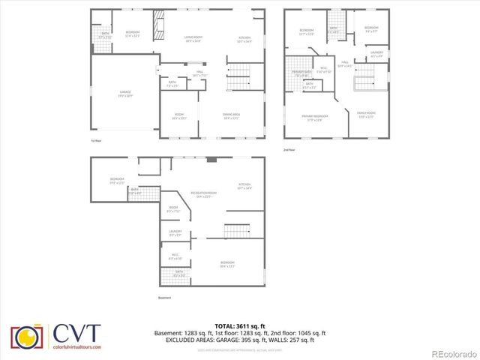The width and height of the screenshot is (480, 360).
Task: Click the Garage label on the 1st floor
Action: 124,93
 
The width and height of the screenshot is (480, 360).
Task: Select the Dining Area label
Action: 230,115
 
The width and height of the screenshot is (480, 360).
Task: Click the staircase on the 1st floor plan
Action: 238,71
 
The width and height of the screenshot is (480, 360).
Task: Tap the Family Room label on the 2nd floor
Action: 365,114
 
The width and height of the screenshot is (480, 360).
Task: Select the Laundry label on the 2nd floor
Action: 376,53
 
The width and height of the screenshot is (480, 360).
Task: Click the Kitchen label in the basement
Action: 244,185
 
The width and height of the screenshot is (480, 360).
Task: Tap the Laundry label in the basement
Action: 175,233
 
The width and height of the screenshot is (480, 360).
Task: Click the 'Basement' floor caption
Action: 165,298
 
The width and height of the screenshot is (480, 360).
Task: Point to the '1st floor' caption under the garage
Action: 95,140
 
